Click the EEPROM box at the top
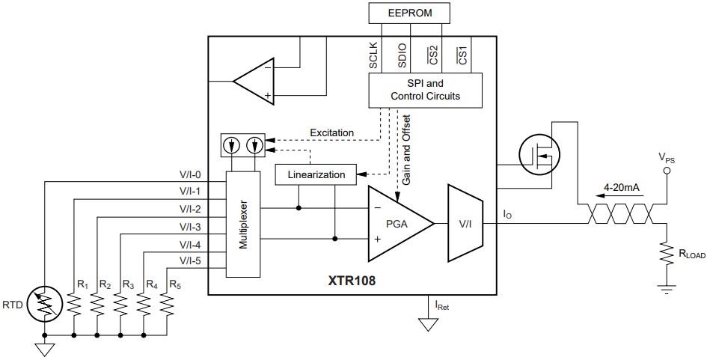411,13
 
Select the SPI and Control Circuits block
425,90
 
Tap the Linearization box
315,174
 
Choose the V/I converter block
465,223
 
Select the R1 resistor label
82,285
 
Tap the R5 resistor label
175,285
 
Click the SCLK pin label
373,56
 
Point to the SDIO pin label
401,56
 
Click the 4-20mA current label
622,187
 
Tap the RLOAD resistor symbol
664,253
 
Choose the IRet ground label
442,305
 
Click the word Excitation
331,132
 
